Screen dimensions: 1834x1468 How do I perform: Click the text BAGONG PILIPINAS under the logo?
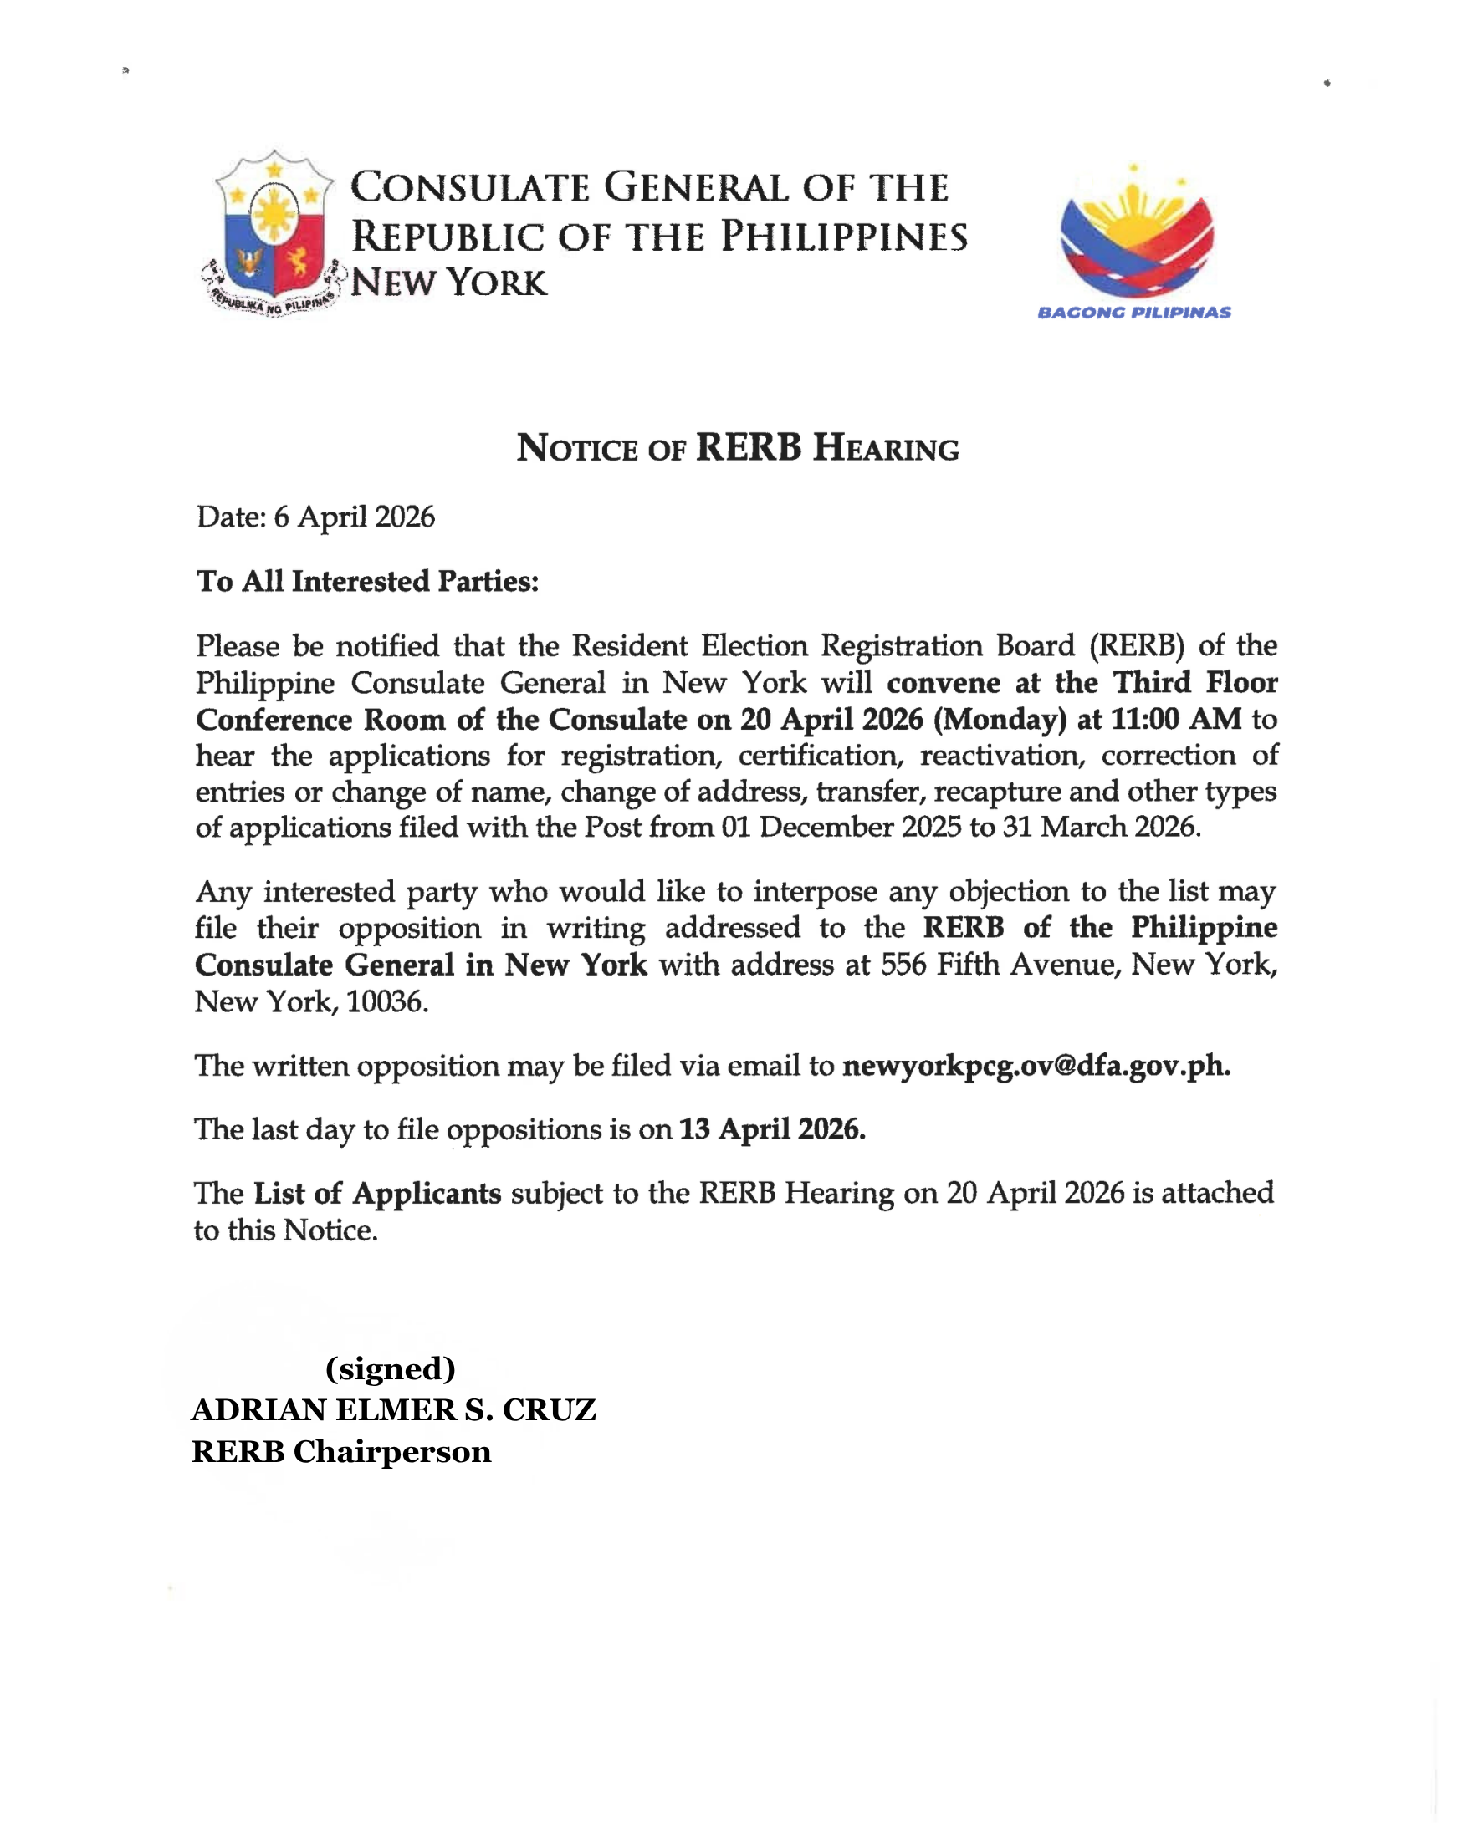point(1133,312)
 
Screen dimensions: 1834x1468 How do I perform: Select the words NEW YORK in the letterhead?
point(448,283)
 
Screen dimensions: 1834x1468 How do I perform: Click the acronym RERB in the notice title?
point(748,447)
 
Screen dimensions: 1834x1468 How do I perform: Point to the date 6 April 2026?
point(354,517)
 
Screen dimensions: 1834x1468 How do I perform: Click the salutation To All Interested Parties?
point(368,581)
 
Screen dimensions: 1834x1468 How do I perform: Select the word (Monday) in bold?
point(999,719)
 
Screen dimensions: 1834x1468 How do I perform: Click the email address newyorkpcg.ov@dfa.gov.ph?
point(1036,1065)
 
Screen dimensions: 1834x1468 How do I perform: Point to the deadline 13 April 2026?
point(772,1128)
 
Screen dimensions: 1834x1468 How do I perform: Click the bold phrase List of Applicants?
point(377,1193)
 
